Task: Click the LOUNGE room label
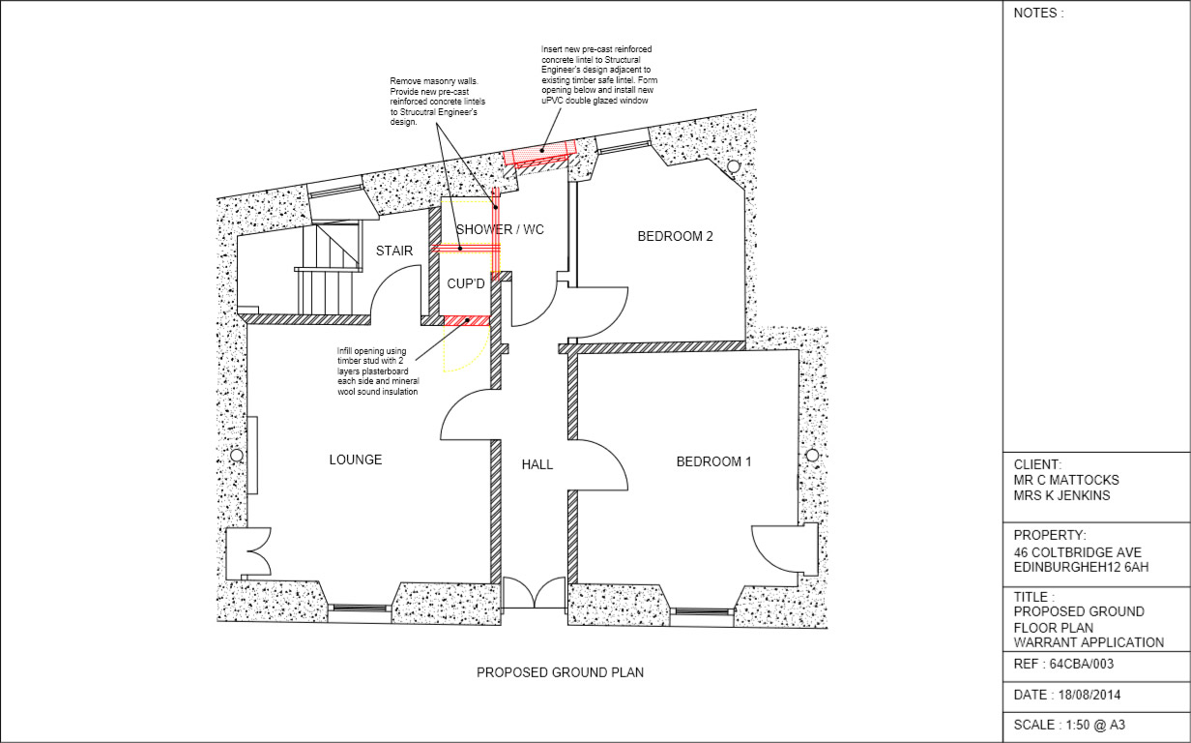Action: (355, 460)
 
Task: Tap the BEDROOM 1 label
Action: (713, 461)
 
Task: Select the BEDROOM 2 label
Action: (675, 236)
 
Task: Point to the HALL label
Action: (537, 464)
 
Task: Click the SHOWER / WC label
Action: (500, 229)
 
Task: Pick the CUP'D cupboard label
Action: (465, 284)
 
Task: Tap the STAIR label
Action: (394, 251)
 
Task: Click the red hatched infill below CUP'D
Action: (466, 320)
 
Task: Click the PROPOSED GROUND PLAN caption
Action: (560, 672)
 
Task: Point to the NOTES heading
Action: (1038, 14)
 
